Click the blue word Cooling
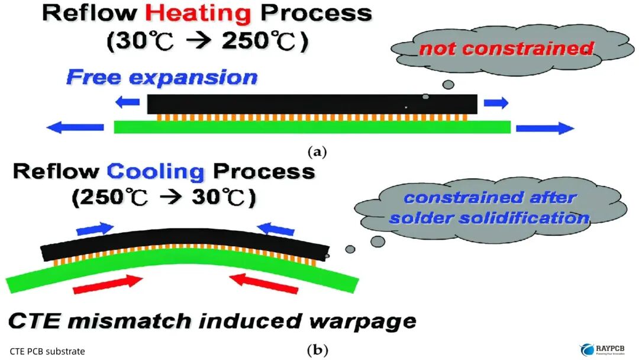[x=156, y=171]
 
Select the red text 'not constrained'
[x=506, y=48]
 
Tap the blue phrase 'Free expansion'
[x=162, y=77]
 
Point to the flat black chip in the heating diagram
[x=312, y=104]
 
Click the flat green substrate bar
[x=312, y=127]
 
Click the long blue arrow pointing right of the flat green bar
[x=545, y=128]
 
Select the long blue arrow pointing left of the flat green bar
[x=75, y=127]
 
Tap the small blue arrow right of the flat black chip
[x=496, y=102]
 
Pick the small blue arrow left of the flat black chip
[x=128, y=102]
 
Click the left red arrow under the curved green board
[x=108, y=284]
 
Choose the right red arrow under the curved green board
[x=264, y=284]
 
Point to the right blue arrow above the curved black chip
[x=275, y=229]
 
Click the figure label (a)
[x=317, y=152]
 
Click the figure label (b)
[x=317, y=350]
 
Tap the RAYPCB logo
[x=602, y=349]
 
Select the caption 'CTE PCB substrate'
[x=47, y=352]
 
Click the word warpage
[x=363, y=322]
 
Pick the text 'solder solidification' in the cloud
[x=489, y=218]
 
